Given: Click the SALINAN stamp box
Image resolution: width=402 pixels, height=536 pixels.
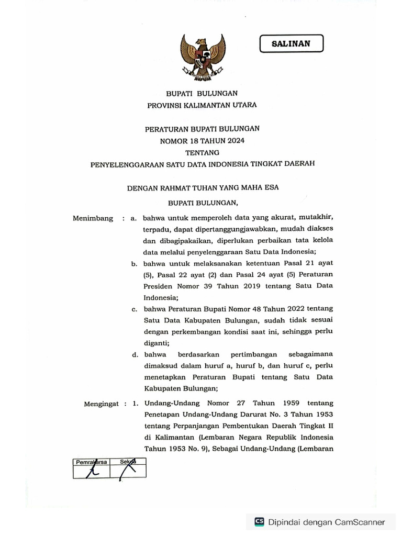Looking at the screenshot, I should pyautogui.click(x=291, y=44).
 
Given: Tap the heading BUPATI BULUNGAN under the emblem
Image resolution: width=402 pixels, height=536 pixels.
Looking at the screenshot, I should pyautogui.click(x=202, y=93).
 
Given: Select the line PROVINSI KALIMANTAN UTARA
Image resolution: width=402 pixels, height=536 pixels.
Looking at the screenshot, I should pyautogui.click(x=202, y=105).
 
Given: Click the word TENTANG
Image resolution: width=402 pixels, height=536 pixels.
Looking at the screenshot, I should pyautogui.click(x=202, y=152).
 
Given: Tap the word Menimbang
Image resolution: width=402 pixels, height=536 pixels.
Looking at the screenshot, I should pyautogui.click(x=93, y=218).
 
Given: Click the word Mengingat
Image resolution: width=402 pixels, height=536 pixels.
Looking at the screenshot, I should pyautogui.click(x=103, y=404).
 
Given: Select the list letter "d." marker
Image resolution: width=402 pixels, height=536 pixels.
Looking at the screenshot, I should pyautogui.click(x=135, y=354).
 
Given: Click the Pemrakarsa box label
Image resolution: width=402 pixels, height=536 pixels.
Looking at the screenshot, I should pyautogui.click(x=92, y=462).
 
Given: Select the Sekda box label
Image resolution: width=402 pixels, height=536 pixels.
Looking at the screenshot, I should pyautogui.click(x=128, y=462).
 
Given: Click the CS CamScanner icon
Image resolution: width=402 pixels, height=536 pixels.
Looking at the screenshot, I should pyautogui.click(x=259, y=522).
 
